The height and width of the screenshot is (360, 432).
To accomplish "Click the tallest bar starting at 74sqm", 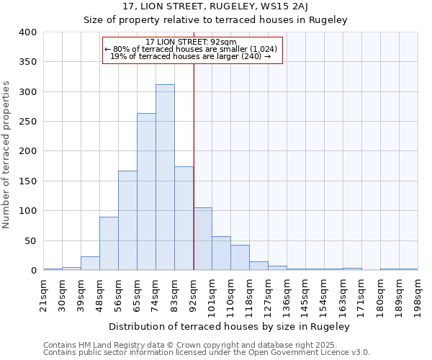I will (x=165, y=177).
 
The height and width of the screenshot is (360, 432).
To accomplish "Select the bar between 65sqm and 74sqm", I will (x=146, y=192).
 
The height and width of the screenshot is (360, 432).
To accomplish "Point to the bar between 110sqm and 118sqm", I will (x=240, y=258).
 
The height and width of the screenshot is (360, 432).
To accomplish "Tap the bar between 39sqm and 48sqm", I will (x=90, y=264).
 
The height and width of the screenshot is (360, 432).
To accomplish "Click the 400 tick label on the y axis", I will (x=27, y=32).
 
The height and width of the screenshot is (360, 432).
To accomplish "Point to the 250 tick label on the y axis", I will (x=27, y=122).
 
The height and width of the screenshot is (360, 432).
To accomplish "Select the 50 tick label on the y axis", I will (x=30, y=240).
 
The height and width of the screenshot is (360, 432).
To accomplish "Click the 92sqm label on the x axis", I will (x=194, y=291).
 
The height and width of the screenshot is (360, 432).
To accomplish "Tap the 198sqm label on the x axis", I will (x=418, y=291).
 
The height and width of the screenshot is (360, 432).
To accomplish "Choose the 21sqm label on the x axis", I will (x=43, y=291).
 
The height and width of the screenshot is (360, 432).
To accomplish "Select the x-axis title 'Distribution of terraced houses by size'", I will (x=230, y=326).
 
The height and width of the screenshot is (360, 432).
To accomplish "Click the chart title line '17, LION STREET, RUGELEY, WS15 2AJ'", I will (x=215, y=6).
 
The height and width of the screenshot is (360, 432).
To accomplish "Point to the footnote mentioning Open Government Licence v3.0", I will (x=207, y=353).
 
